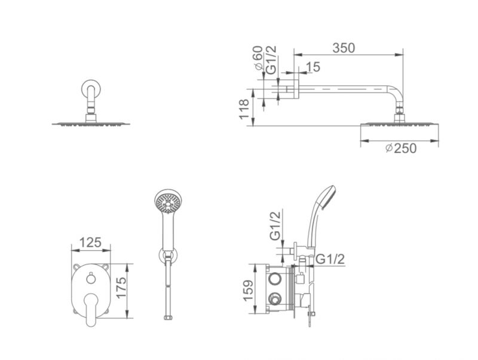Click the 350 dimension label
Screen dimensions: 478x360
344,48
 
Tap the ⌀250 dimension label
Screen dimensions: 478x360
401,148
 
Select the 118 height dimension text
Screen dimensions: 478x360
244,110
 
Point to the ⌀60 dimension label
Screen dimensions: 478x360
258,58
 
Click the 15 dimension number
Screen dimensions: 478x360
312,67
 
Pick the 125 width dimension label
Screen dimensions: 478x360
90,242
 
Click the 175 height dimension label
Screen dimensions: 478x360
121,288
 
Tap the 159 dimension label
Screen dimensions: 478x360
249,291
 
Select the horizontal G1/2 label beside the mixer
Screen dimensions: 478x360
330,259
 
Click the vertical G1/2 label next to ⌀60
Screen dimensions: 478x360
271,59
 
